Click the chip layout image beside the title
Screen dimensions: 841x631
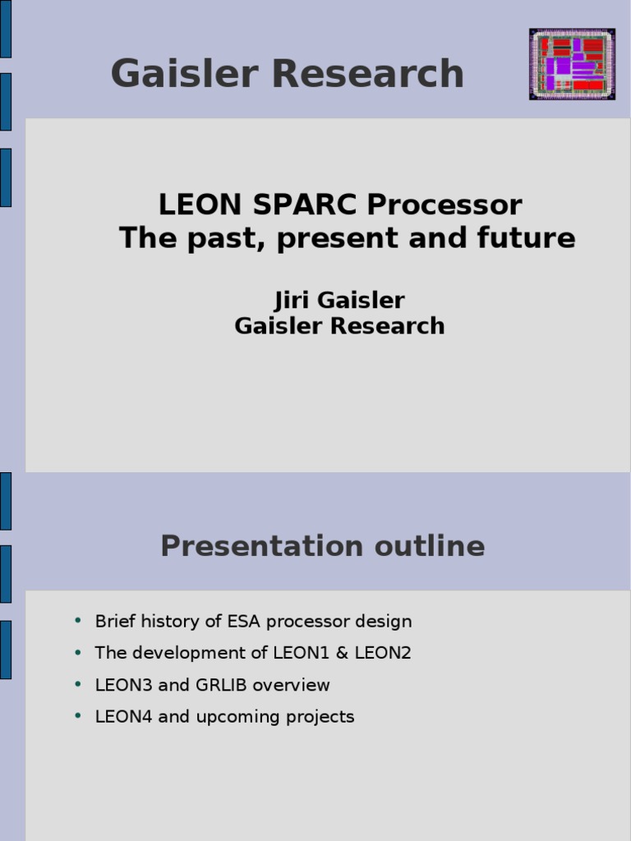coord(572,64)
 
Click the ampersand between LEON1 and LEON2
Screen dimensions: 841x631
coord(347,653)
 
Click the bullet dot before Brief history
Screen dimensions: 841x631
coord(78,620)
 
